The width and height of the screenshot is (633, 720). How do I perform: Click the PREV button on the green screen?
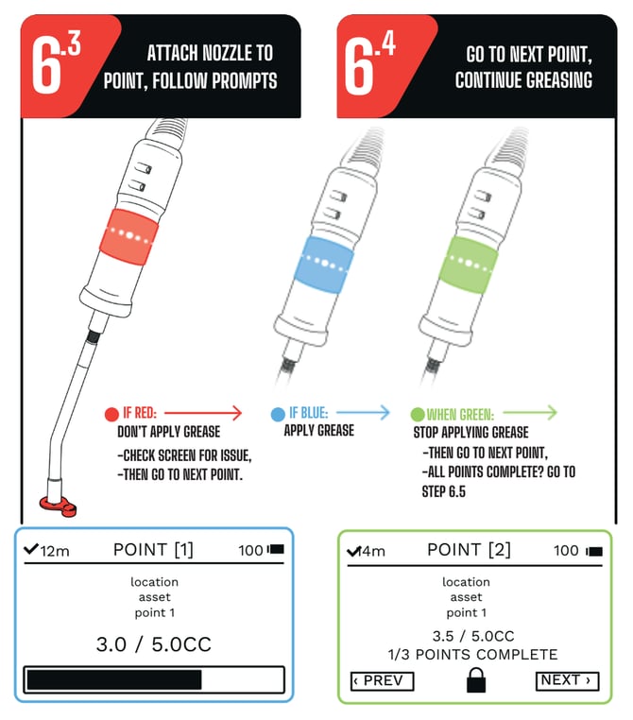382,680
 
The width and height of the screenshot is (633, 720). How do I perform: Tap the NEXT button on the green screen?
567,680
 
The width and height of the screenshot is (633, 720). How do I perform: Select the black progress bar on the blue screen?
114,679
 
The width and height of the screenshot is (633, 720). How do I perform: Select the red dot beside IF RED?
111,414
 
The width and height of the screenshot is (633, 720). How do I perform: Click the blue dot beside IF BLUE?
277,414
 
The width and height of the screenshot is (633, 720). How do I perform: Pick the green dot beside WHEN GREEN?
417,414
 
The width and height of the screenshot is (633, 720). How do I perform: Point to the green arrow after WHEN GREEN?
528,413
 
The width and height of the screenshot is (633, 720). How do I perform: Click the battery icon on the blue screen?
277,549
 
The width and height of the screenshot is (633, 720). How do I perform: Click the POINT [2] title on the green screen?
469,549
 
